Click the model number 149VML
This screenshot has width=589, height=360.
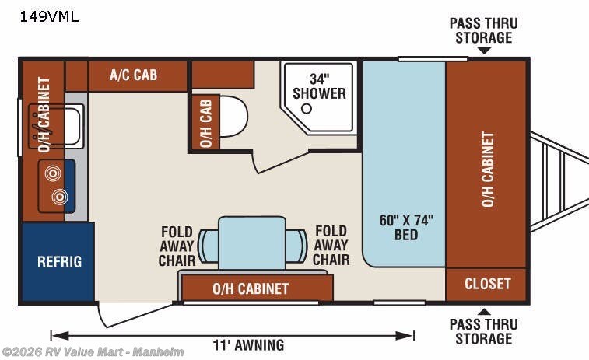pos(49,16)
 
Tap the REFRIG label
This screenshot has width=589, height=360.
pos(59,261)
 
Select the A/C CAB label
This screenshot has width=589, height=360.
pos(133,75)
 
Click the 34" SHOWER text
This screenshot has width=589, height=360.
pos(317,86)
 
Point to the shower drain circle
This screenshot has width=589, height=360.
pos(306,109)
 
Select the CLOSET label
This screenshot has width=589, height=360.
pos(487,284)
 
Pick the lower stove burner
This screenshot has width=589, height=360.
pos(60,197)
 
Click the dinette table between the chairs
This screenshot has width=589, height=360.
pos(251,243)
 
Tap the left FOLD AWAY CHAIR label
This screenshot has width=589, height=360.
pos(177,246)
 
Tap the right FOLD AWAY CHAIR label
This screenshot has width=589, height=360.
pos(331,246)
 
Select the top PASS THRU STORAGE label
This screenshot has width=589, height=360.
pos(483,30)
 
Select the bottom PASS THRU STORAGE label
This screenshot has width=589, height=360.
pos(484,330)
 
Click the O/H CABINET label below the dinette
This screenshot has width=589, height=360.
pos(251,288)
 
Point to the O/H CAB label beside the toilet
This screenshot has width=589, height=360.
pos(205,122)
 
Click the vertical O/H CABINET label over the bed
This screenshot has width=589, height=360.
pos(487,169)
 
